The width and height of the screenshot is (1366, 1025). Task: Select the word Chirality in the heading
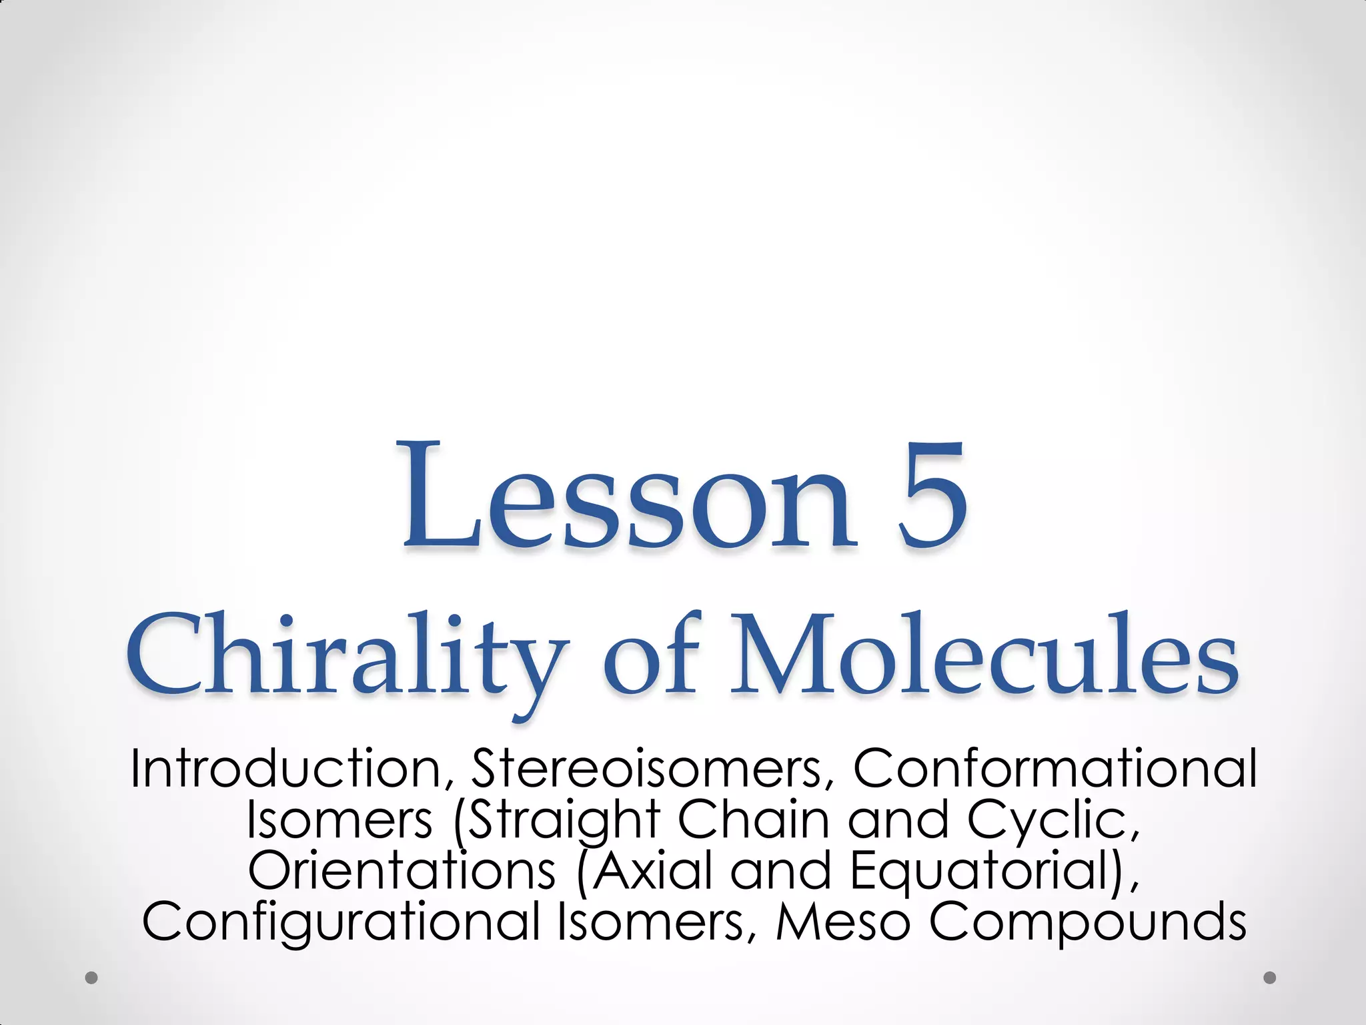[347, 657]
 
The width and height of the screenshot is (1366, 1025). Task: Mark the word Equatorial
[987, 872]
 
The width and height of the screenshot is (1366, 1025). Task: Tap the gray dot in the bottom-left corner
[92, 978]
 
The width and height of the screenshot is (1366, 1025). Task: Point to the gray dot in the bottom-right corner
[1270, 978]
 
